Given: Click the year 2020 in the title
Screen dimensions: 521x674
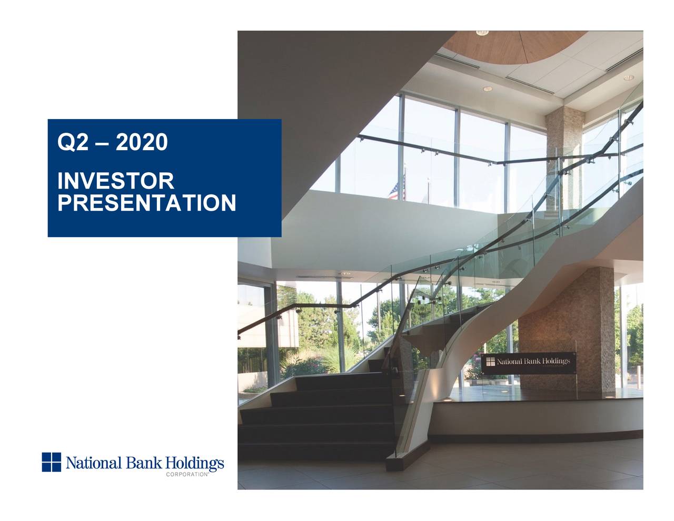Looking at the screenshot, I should pos(141,142).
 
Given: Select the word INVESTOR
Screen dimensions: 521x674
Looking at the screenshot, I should pos(115,181).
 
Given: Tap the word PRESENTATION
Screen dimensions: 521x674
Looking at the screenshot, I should pos(146,203).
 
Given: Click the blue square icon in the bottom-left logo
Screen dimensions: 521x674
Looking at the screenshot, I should pos(52,462).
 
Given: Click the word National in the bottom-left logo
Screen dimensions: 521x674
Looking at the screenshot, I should pos(94,463).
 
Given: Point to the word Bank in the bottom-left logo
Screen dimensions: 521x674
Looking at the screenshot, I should pos(140,463).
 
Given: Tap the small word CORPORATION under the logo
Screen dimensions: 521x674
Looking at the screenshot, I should pos(187,475).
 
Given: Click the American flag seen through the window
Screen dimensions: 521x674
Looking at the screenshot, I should pos(393,191).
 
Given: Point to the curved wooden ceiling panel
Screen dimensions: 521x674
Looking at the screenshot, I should pos(516,45).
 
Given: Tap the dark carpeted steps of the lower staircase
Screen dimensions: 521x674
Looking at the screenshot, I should pos(316,416).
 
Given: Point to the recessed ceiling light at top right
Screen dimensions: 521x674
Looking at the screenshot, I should pos(629,77).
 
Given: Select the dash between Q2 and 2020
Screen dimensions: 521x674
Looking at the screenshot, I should pos(100,143).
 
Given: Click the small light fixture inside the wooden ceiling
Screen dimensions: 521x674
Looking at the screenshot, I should pos(482,33).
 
